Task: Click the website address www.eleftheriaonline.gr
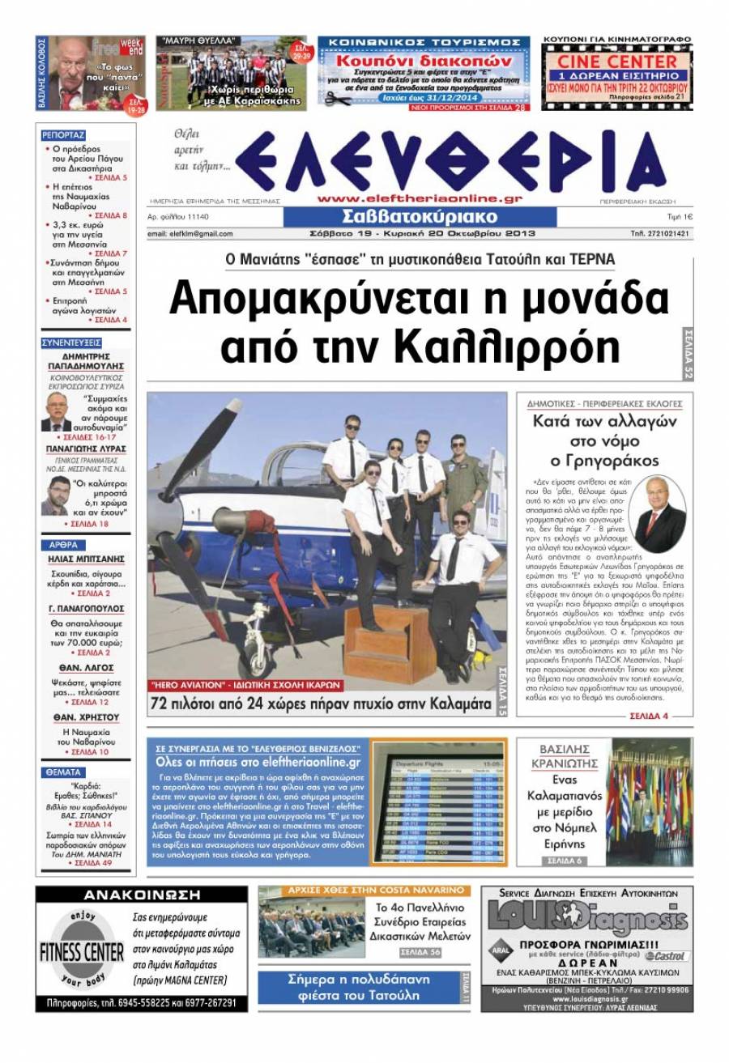tap(420, 198)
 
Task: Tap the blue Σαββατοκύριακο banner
tap(420, 217)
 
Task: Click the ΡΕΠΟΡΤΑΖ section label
tap(63, 135)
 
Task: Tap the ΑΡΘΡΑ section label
tap(62, 545)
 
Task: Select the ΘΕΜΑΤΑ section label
tap(62, 772)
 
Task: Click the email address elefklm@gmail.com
tap(190, 234)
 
